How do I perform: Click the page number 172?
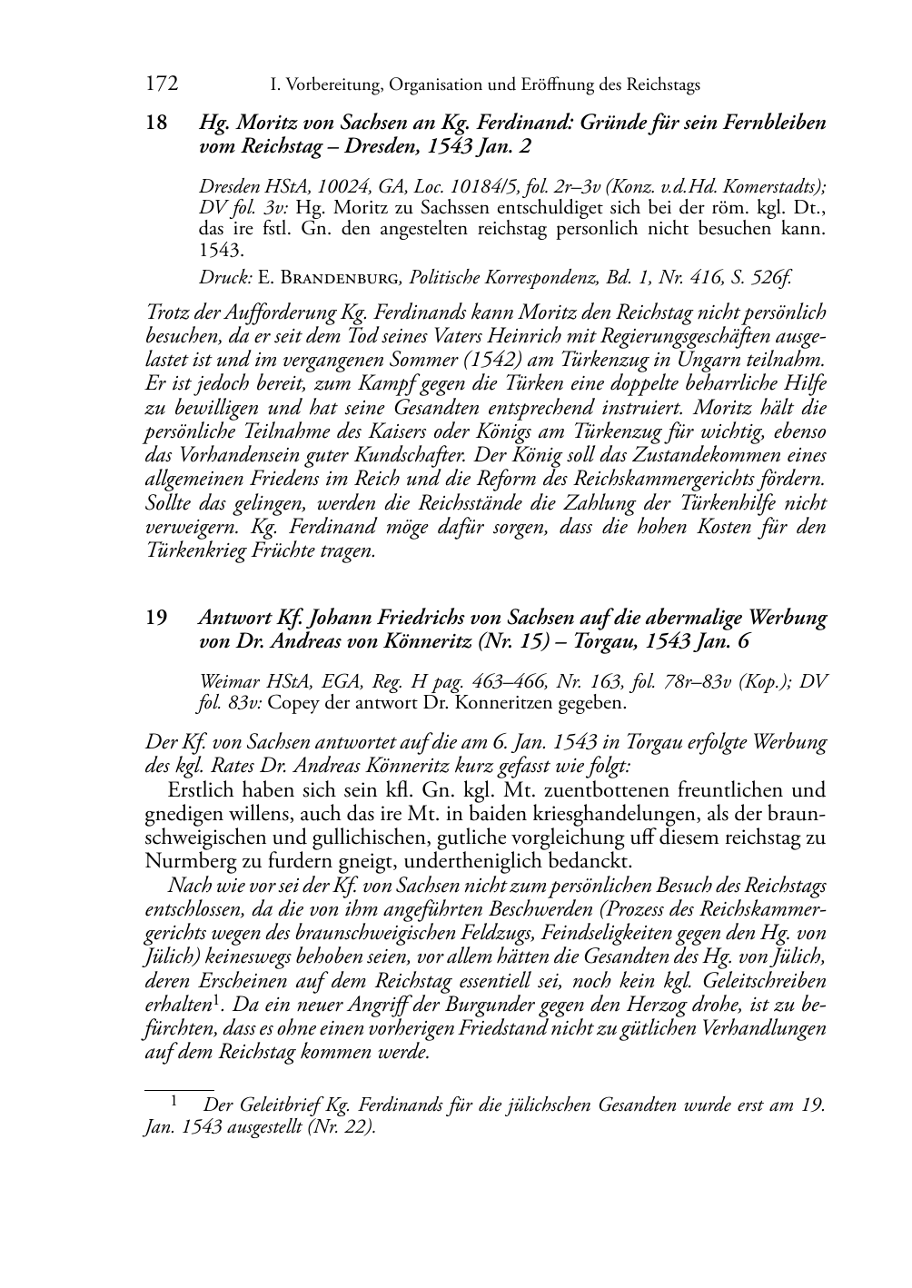161,84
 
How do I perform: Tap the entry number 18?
156,123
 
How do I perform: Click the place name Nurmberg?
187,860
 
